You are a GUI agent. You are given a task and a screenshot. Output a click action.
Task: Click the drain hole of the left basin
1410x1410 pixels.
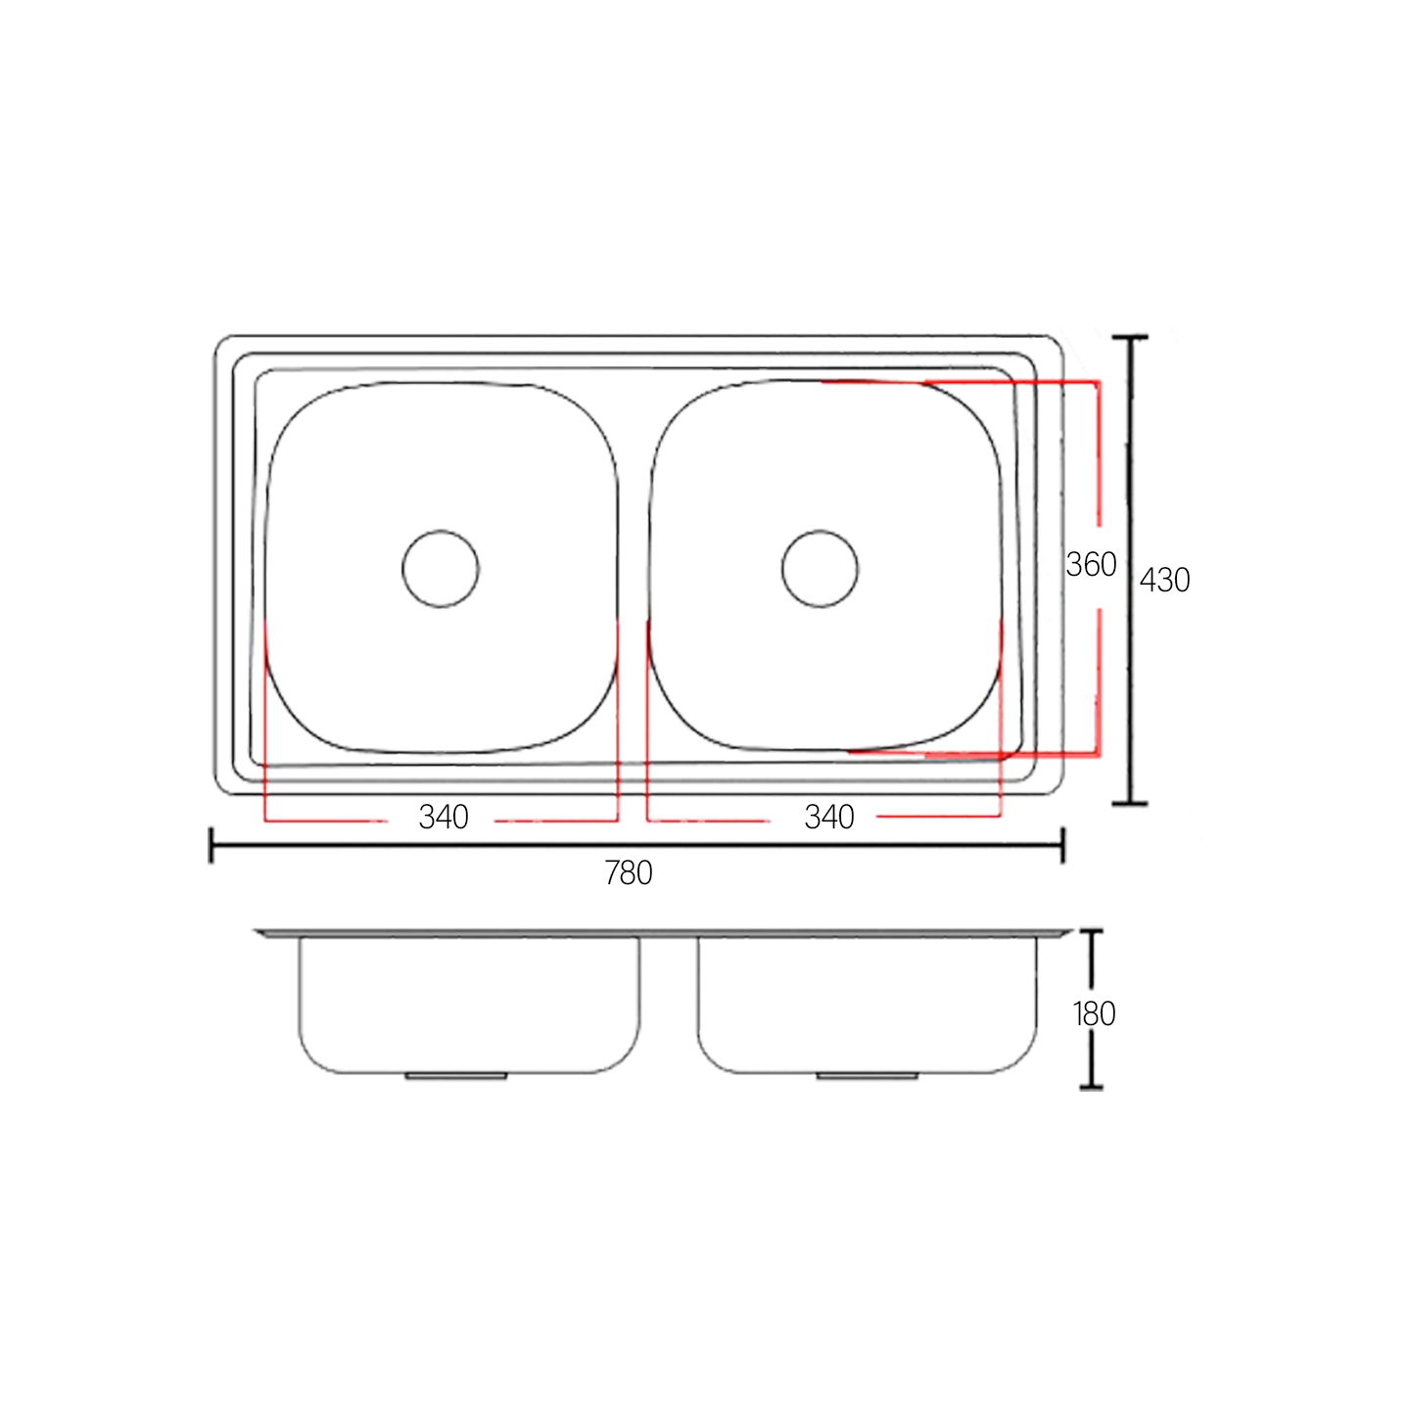tap(441, 569)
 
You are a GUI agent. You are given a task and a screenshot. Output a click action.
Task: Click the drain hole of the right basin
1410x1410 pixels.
tap(820, 569)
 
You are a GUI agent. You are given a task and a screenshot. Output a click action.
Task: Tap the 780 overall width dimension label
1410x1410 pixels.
tap(629, 872)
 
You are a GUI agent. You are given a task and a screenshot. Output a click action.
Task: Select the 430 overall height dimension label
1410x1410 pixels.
tap(1165, 581)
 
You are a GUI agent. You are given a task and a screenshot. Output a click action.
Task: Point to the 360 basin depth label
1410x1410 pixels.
tap(1091, 565)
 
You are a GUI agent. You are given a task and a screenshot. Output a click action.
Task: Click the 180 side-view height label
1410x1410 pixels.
tap(1094, 1013)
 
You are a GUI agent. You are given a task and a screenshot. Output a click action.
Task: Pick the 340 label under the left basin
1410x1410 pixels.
tap(444, 817)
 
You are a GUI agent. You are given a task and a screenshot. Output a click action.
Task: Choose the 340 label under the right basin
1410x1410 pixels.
tap(829, 817)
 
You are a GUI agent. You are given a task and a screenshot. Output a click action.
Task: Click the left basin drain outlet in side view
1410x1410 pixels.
tap(455, 1076)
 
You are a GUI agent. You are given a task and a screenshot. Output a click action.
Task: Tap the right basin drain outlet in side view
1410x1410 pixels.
tap(867, 1076)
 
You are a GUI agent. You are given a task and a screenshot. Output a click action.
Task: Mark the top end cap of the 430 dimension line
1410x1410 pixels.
tap(1130, 338)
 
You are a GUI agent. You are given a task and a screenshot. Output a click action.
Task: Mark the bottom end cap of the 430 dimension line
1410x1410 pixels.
tap(1130, 803)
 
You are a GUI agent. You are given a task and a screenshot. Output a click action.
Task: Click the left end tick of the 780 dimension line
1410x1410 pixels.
tap(211, 845)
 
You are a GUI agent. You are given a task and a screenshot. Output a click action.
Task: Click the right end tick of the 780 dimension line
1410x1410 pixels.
tap(1062, 845)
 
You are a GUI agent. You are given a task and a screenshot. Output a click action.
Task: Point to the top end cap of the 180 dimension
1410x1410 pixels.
tap(1091, 931)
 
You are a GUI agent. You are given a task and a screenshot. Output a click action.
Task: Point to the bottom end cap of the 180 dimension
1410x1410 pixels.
tap(1091, 1087)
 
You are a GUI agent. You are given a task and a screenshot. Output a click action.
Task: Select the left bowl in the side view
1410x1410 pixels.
tap(469, 1004)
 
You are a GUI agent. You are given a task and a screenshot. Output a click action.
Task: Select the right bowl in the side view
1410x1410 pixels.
tap(867, 1004)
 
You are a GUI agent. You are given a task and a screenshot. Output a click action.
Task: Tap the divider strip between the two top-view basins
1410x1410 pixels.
tap(634, 568)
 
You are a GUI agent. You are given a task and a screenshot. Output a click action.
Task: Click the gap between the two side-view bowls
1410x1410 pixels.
tap(669, 1004)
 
